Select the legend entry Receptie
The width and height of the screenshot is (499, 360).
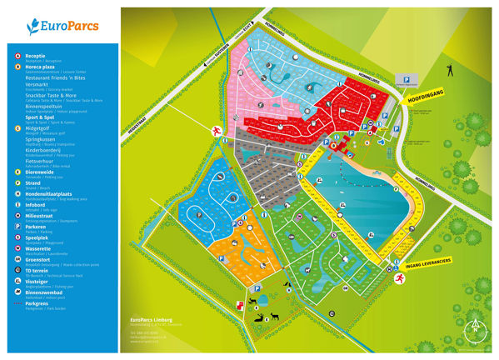tap(35, 55)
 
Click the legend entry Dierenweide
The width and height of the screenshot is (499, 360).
tap(40, 172)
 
